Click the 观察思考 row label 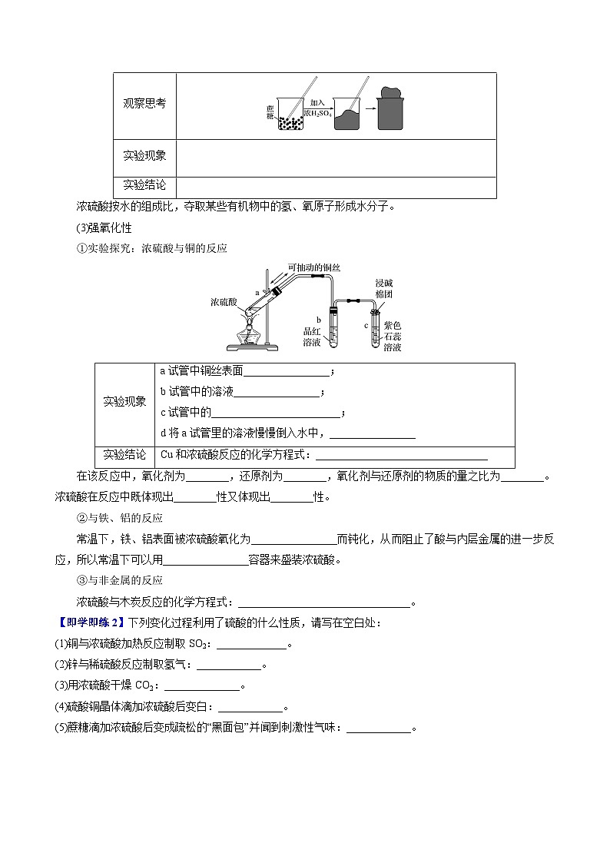[144, 105]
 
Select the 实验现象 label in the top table [144, 156]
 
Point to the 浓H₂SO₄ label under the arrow [317, 113]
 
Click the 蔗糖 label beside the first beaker [270, 111]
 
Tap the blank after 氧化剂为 [207, 477]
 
